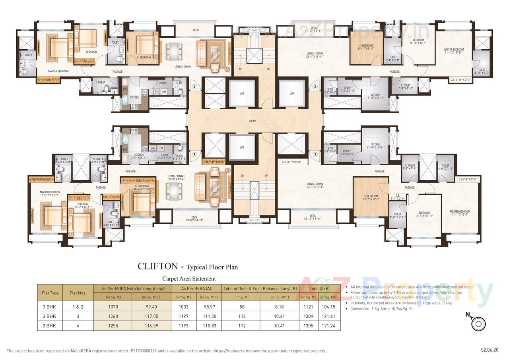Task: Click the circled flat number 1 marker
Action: [194, 86]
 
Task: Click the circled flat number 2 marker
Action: [315, 86]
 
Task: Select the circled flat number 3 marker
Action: [315, 155]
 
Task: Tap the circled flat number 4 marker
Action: [194, 155]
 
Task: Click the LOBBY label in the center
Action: [252, 121]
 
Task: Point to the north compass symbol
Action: [478, 323]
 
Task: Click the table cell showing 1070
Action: [113, 307]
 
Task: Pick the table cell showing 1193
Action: [184, 325]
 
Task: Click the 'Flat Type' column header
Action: [51, 293]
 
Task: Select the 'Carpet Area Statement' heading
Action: [189, 279]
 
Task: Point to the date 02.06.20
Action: [489, 350]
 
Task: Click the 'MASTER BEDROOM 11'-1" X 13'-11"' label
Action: [453, 51]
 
